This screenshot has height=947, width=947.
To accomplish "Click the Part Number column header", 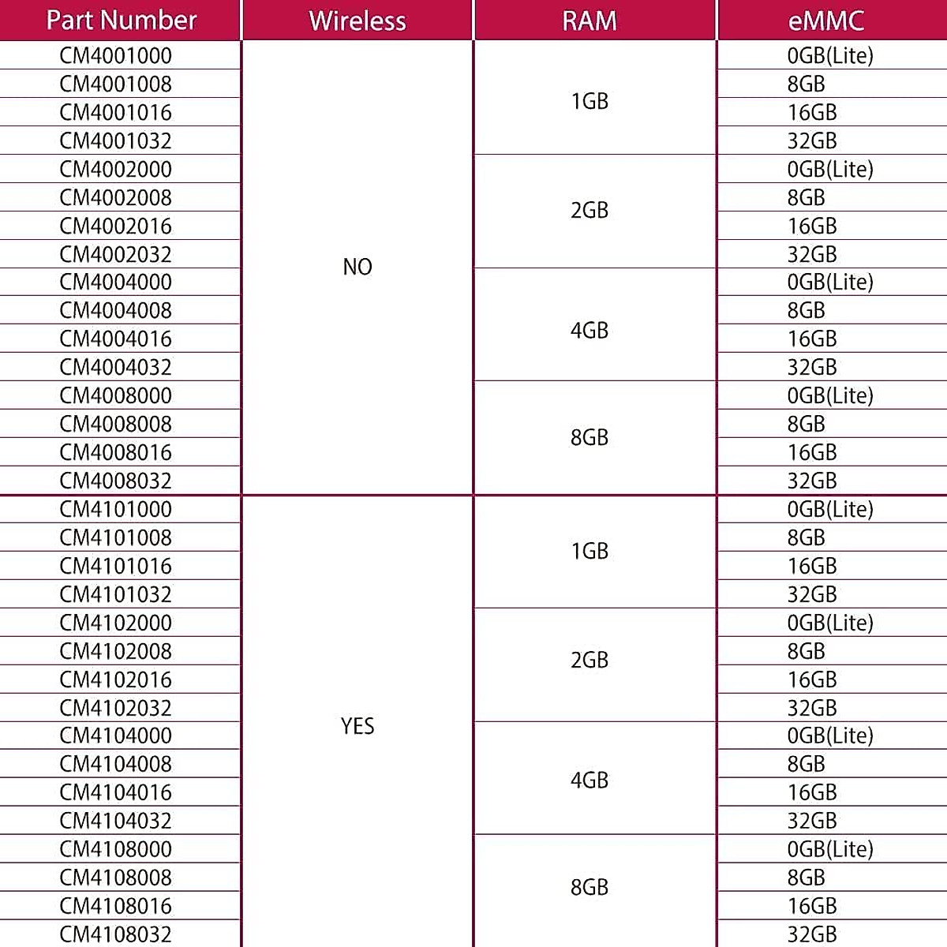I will [x=121, y=21].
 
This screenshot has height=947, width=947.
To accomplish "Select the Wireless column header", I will [x=357, y=21].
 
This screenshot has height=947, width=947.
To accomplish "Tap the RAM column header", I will [x=590, y=21].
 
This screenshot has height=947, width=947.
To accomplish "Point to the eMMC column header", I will [x=825, y=21].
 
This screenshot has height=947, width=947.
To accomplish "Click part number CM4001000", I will [x=115, y=56].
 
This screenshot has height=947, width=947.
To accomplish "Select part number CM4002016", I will [x=115, y=226].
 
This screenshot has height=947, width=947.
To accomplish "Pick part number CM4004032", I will [x=115, y=368].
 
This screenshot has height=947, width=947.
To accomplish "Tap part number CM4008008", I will [x=115, y=425].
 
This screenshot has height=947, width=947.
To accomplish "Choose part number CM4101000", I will [x=115, y=510].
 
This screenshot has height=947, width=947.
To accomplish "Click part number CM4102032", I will [x=115, y=709].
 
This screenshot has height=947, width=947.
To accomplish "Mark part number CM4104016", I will [x=115, y=793].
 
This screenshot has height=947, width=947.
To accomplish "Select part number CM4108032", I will [x=115, y=934].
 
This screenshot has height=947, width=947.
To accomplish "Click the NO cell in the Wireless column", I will [x=357, y=268].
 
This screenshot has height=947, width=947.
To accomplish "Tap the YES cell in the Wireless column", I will [x=357, y=726].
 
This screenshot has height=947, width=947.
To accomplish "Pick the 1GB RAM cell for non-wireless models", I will [x=590, y=102].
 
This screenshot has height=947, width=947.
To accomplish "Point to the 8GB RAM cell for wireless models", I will [x=590, y=888].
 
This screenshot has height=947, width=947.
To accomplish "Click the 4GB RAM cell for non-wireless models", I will [x=590, y=331].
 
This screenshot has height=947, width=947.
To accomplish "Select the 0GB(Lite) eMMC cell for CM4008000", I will [x=830, y=396].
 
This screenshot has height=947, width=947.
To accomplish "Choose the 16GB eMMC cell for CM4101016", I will [x=812, y=567].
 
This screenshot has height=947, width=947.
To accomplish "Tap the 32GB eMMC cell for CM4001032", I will [x=812, y=141].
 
